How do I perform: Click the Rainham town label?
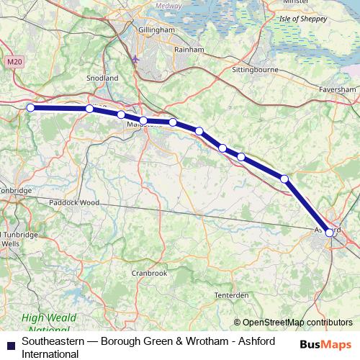[189, 50]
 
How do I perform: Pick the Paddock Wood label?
[74, 202]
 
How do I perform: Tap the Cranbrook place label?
[149, 273]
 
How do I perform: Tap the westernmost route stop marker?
[30, 108]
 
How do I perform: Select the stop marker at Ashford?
[329, 232]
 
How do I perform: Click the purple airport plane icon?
[137, 58]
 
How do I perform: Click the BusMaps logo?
[325, 344]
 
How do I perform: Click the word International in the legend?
[50, 353]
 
